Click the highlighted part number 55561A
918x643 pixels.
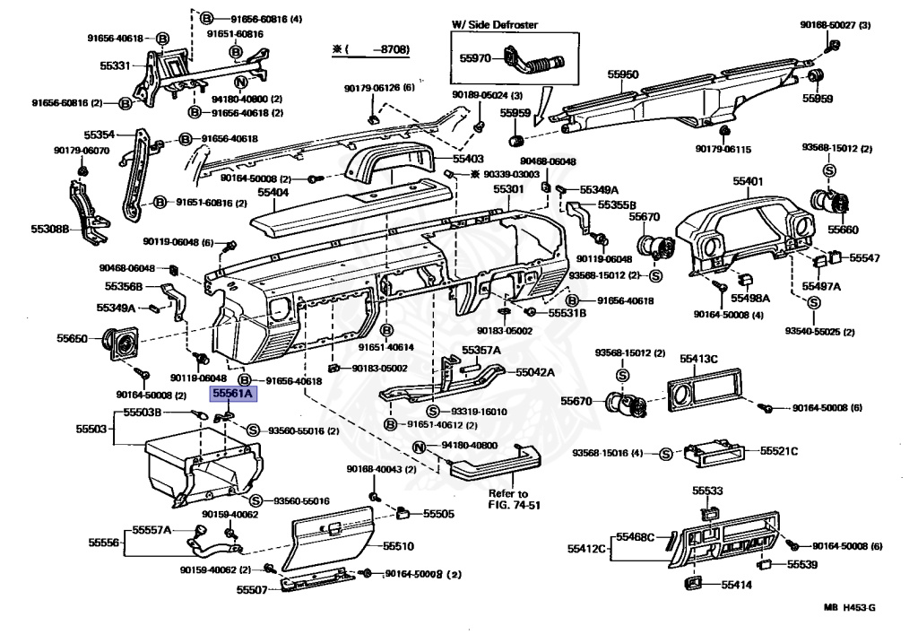(x=233, y=393)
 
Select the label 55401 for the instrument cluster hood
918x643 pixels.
(x=748, y=181)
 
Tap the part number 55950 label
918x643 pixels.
(x=624, y=75)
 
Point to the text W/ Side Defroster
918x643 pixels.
(x=496, y=25)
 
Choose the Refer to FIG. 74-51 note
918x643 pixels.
(x=508, y=500)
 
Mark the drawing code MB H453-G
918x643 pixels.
(x=851, y=608)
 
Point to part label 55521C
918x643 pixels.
(x=779, y=450)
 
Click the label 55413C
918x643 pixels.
(x=698, y=359)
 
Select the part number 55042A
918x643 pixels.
(x=534, y=372)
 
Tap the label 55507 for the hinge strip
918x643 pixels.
(x=252, y=589)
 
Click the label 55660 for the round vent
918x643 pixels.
(x=843, y=229)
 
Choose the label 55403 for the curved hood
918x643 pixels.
(x=468, y=158)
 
